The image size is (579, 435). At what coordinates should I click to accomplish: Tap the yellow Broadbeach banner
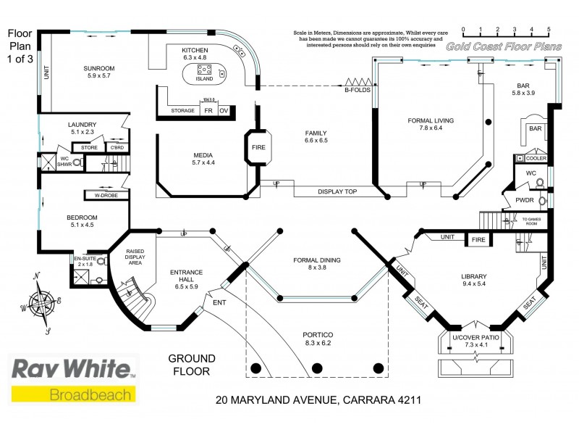(73, 394)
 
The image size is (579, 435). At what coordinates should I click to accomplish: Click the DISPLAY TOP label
(337, 191)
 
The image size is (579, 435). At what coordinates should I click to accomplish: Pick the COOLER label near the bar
(536, 158)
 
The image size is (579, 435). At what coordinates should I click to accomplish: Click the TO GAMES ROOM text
(535, 221)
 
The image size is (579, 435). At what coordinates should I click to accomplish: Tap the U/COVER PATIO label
(476, 340)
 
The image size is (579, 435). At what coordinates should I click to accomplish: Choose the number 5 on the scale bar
(549, 30)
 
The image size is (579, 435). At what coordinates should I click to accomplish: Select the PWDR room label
(524, 200)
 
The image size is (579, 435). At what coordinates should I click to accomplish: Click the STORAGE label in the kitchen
(182, 110)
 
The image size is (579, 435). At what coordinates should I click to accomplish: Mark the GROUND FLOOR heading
(192, 365)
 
